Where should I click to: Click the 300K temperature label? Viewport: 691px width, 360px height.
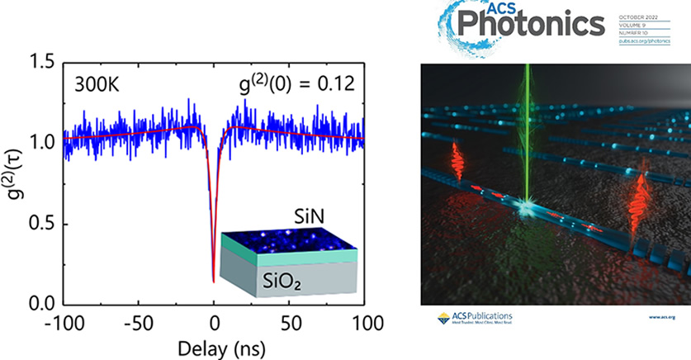click(x=96, y=83)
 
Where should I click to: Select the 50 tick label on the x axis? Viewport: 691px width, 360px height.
click(x=289, y=322)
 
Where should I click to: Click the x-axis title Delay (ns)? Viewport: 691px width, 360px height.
click(x=214, y=345)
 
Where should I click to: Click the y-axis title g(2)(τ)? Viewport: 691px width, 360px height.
click(x=14, y=183)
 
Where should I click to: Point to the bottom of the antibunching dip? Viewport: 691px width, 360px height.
click(x=214, y=282)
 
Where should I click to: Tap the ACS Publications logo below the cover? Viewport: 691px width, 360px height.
click(x=470, y=319)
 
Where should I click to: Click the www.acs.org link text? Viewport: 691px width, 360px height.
click(x=662, y=317)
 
